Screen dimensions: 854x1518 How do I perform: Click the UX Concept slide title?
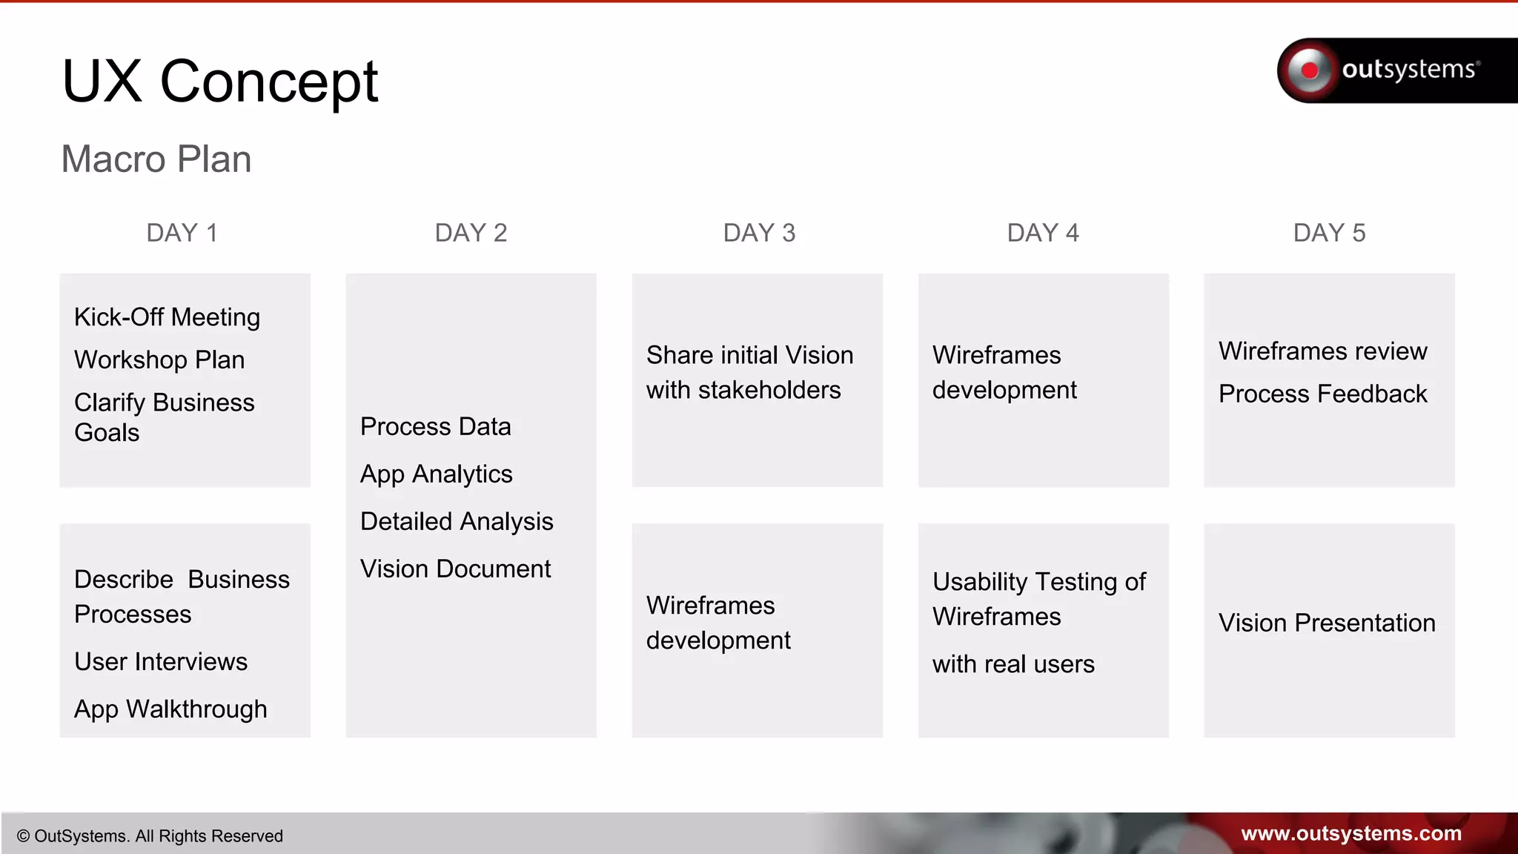click(220, 82)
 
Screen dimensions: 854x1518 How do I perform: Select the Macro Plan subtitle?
click(156, 159)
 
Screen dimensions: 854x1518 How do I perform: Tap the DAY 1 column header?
click(182, 233)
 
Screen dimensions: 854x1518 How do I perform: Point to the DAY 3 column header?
click(759, 233)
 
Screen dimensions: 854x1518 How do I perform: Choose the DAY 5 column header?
click(1329, 233)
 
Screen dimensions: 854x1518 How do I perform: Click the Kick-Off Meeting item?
click(167, 317)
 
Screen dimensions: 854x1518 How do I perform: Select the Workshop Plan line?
click(159, 360)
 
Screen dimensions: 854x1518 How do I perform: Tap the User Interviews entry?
click(161, 661)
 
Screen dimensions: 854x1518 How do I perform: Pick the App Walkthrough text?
click(170, 709)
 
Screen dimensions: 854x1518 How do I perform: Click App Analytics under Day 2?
click(436, 474)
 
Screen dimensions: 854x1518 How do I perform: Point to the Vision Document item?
click(455, 569)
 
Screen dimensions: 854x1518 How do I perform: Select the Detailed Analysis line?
click(457, 522)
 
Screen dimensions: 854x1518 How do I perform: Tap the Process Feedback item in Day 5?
click(1322, 394)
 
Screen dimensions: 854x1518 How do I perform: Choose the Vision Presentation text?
click(1327, 623)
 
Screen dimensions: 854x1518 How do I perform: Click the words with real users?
click(1013, 664)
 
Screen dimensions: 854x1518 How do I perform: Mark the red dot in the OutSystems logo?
click(1310, 70)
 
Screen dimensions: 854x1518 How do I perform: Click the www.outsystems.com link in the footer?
click(1350, 834)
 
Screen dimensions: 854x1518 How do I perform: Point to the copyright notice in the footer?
click(150, 836)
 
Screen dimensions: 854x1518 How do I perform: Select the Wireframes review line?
click(1322, 351)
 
